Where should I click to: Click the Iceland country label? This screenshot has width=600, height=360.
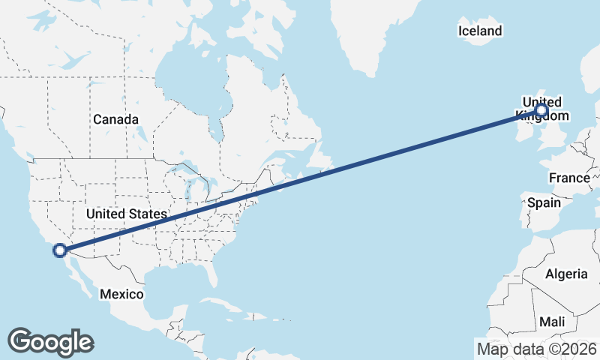pos(479,31)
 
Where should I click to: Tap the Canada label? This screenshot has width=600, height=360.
pos(115,119)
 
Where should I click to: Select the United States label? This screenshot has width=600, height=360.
pos(126,214)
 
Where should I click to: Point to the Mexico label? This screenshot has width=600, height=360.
pos(121,294)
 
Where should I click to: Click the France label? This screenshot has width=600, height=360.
pos(569,178)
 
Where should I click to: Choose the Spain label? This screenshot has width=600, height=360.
pos(544,202)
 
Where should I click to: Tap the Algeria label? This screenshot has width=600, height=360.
pos(566,274)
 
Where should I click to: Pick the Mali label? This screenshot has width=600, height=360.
pos(552,321)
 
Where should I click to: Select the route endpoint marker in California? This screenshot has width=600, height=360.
pos(59,250)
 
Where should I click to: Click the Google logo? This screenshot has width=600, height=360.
pos(50,341)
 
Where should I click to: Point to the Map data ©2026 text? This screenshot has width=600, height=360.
pos(536,349)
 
